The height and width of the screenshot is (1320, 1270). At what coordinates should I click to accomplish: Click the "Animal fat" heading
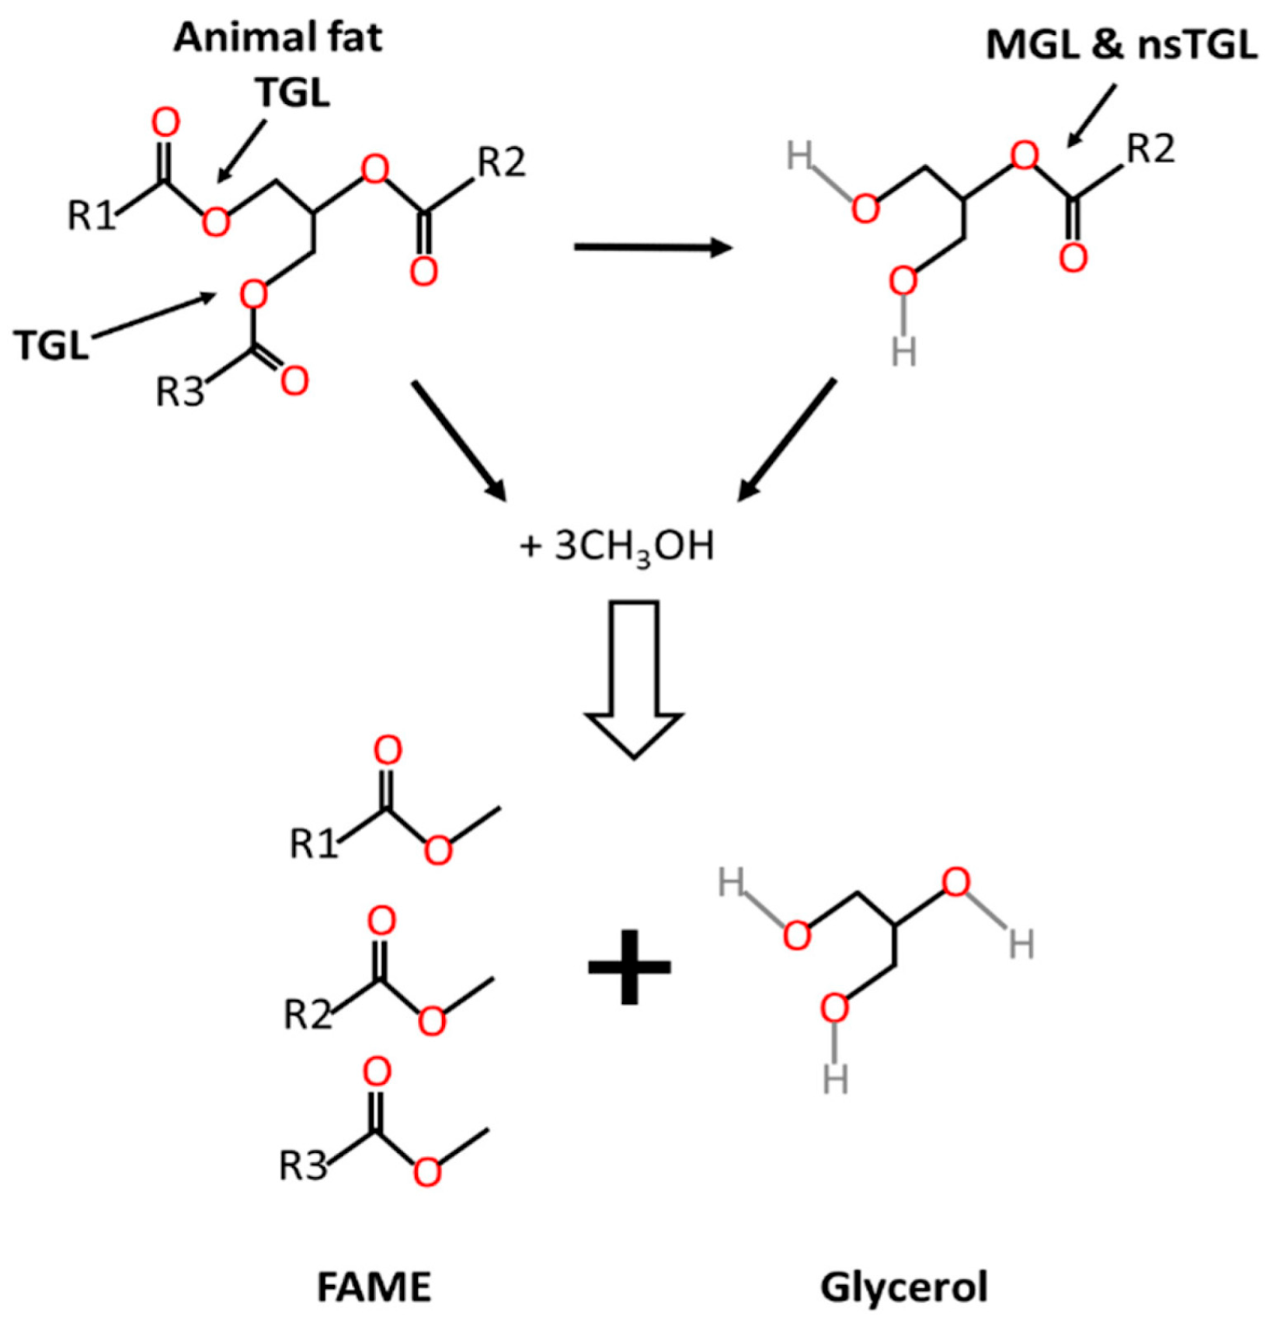(x=277, y=38)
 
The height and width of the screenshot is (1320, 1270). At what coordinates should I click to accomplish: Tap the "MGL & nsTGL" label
(x=1121, y=46)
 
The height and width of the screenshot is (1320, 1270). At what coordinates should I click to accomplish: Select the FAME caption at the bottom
(x=374, y=1287)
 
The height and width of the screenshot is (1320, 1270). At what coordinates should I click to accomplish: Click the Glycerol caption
(x=904, y=1287)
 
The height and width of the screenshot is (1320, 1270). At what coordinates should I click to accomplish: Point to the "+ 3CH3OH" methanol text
(x=617, y=547)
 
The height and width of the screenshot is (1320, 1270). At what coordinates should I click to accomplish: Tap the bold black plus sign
(x=629, y=967)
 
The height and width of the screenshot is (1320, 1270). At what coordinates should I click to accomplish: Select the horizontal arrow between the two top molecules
(x=652, y=248)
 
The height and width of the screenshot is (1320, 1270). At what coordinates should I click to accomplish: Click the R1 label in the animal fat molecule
(x=91, y=215)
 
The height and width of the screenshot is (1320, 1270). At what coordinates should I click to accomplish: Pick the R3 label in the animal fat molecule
(x=179, y=391)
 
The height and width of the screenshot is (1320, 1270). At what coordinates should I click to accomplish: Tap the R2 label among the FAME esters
(x=308, y=1014)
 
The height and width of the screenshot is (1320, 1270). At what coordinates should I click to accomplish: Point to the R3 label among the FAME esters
(x=303, y=1165)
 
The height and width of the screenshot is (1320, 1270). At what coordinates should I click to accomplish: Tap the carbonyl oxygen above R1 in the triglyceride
(x=165, y=123)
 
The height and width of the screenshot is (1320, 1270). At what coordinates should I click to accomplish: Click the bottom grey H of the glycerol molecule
(x=836, y=1079)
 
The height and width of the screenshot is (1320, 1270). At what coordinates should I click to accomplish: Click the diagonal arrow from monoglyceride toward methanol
(x=786, y=440)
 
